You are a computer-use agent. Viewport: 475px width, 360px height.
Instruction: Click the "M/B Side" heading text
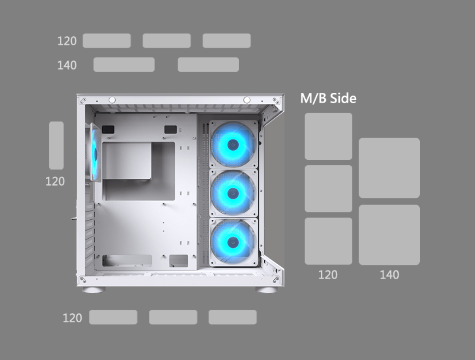[328, 98]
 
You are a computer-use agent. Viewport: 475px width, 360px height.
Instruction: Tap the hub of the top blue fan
[233, 145]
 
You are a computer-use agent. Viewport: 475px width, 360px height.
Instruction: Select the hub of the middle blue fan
[233, 193]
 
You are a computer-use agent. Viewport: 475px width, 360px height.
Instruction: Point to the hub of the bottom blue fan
[233, 242]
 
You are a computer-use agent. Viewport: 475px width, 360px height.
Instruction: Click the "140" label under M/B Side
[389, 275]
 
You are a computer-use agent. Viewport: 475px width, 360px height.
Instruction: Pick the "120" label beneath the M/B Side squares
[327, 275]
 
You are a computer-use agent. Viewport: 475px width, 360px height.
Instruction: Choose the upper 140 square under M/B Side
[389, 168]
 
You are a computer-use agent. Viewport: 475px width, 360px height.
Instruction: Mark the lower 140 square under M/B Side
[389, 235]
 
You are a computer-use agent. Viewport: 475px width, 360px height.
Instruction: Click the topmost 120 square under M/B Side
[328, 136]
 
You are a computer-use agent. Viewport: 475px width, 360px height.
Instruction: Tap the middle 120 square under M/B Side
[328, 189]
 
